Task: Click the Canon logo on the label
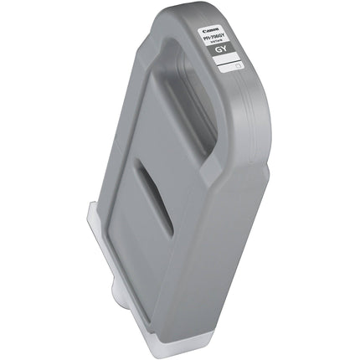(222, 25)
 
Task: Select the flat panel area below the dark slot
(159, 268)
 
